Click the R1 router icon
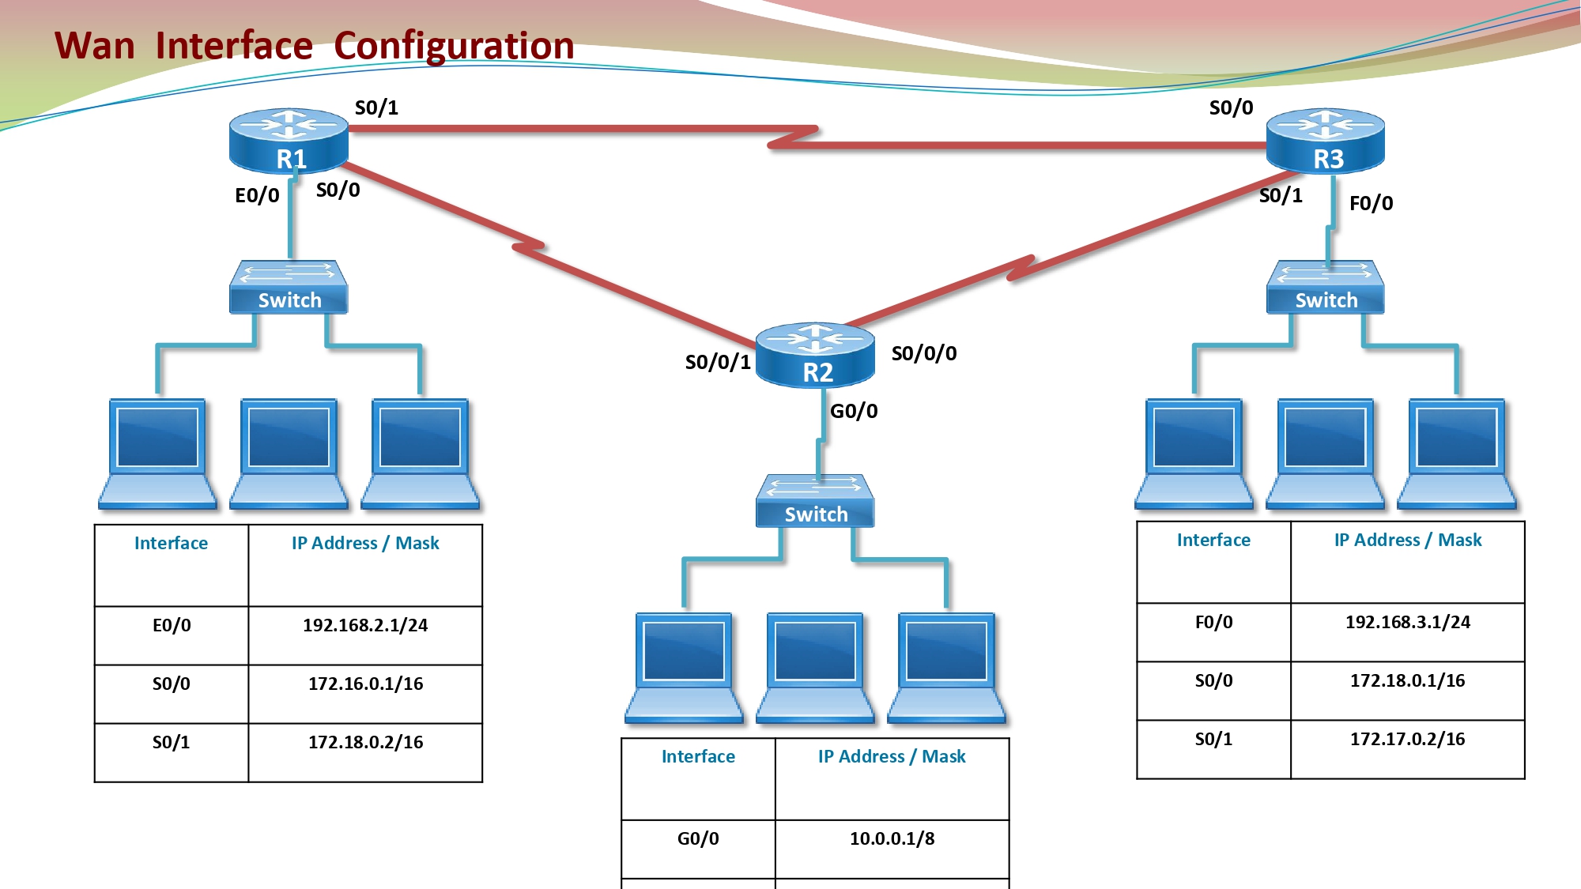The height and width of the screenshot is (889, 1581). (x=289, y=141)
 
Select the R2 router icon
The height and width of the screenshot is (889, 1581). (x=815, y=355)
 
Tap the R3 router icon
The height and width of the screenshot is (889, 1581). (x=1326, y=141)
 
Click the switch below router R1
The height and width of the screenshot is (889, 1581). (x=289, y=287)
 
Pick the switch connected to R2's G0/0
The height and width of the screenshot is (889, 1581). (x=815, y=501)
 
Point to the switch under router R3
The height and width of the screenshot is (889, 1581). (x=1326, y=287)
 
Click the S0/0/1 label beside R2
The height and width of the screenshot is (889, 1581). (x=718, y=362)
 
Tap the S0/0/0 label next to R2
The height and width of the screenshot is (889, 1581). (x=924, y=353)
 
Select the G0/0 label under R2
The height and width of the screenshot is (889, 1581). (x=854, y=411)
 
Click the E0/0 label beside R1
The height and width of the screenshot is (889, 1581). (x=258, y=195)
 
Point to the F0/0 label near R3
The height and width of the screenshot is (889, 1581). (x=1372, y=203)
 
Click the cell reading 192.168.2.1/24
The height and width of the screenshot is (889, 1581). (x=365, y=635)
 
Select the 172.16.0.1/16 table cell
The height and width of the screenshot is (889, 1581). (x=365, y=694)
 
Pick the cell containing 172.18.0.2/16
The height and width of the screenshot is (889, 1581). (x=365, y=752)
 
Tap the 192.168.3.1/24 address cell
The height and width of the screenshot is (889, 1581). (x=1408, y=632)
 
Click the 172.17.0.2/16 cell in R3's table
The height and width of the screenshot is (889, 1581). (x=1408, y=749)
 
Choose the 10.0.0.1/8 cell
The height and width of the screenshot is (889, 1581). (x=892, y=849)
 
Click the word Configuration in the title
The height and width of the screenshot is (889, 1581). (x=454, y=46)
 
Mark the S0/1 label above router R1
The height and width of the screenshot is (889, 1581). (x=377, y=107)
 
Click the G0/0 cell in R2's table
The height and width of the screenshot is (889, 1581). (x=698, y=849)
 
